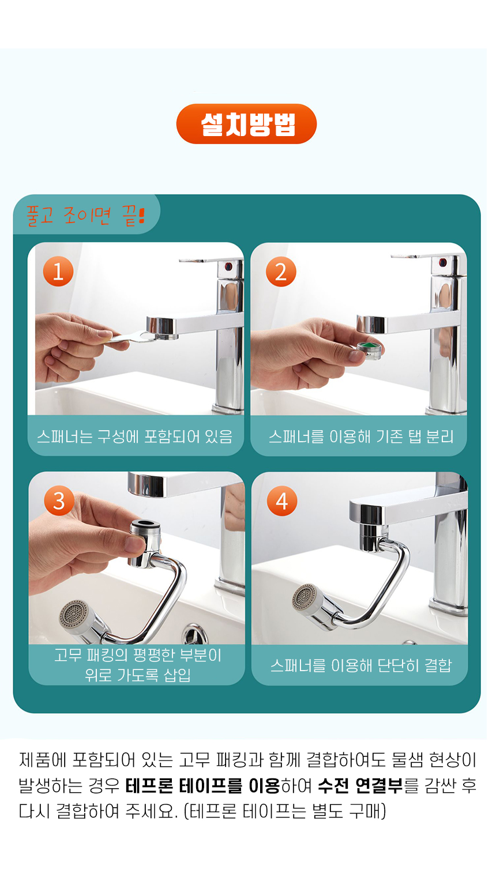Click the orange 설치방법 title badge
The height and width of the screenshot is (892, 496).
point(246,124)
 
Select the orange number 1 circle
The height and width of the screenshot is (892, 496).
point(58,272)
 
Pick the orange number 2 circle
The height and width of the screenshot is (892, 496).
point(281,272)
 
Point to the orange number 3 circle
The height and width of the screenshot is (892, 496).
point(59,500)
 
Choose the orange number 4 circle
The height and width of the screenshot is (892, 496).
point(282,501)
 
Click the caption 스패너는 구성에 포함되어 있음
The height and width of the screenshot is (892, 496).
point(134,437)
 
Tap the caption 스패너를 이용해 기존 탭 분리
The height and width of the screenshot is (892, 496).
point(361,437)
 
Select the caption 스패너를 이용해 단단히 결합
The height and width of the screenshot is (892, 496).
point(361,665)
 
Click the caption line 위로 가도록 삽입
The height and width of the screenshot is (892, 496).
point(137,675)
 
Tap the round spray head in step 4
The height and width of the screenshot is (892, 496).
point(307,599)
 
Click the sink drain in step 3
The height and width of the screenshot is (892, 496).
point(195,634)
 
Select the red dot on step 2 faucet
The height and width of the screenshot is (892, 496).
point(442,262)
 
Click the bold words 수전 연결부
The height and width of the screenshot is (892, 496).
point(360,786)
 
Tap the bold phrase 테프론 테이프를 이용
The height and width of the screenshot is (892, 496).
point(203,786)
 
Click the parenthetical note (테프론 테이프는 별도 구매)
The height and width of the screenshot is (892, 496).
point(285,811)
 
